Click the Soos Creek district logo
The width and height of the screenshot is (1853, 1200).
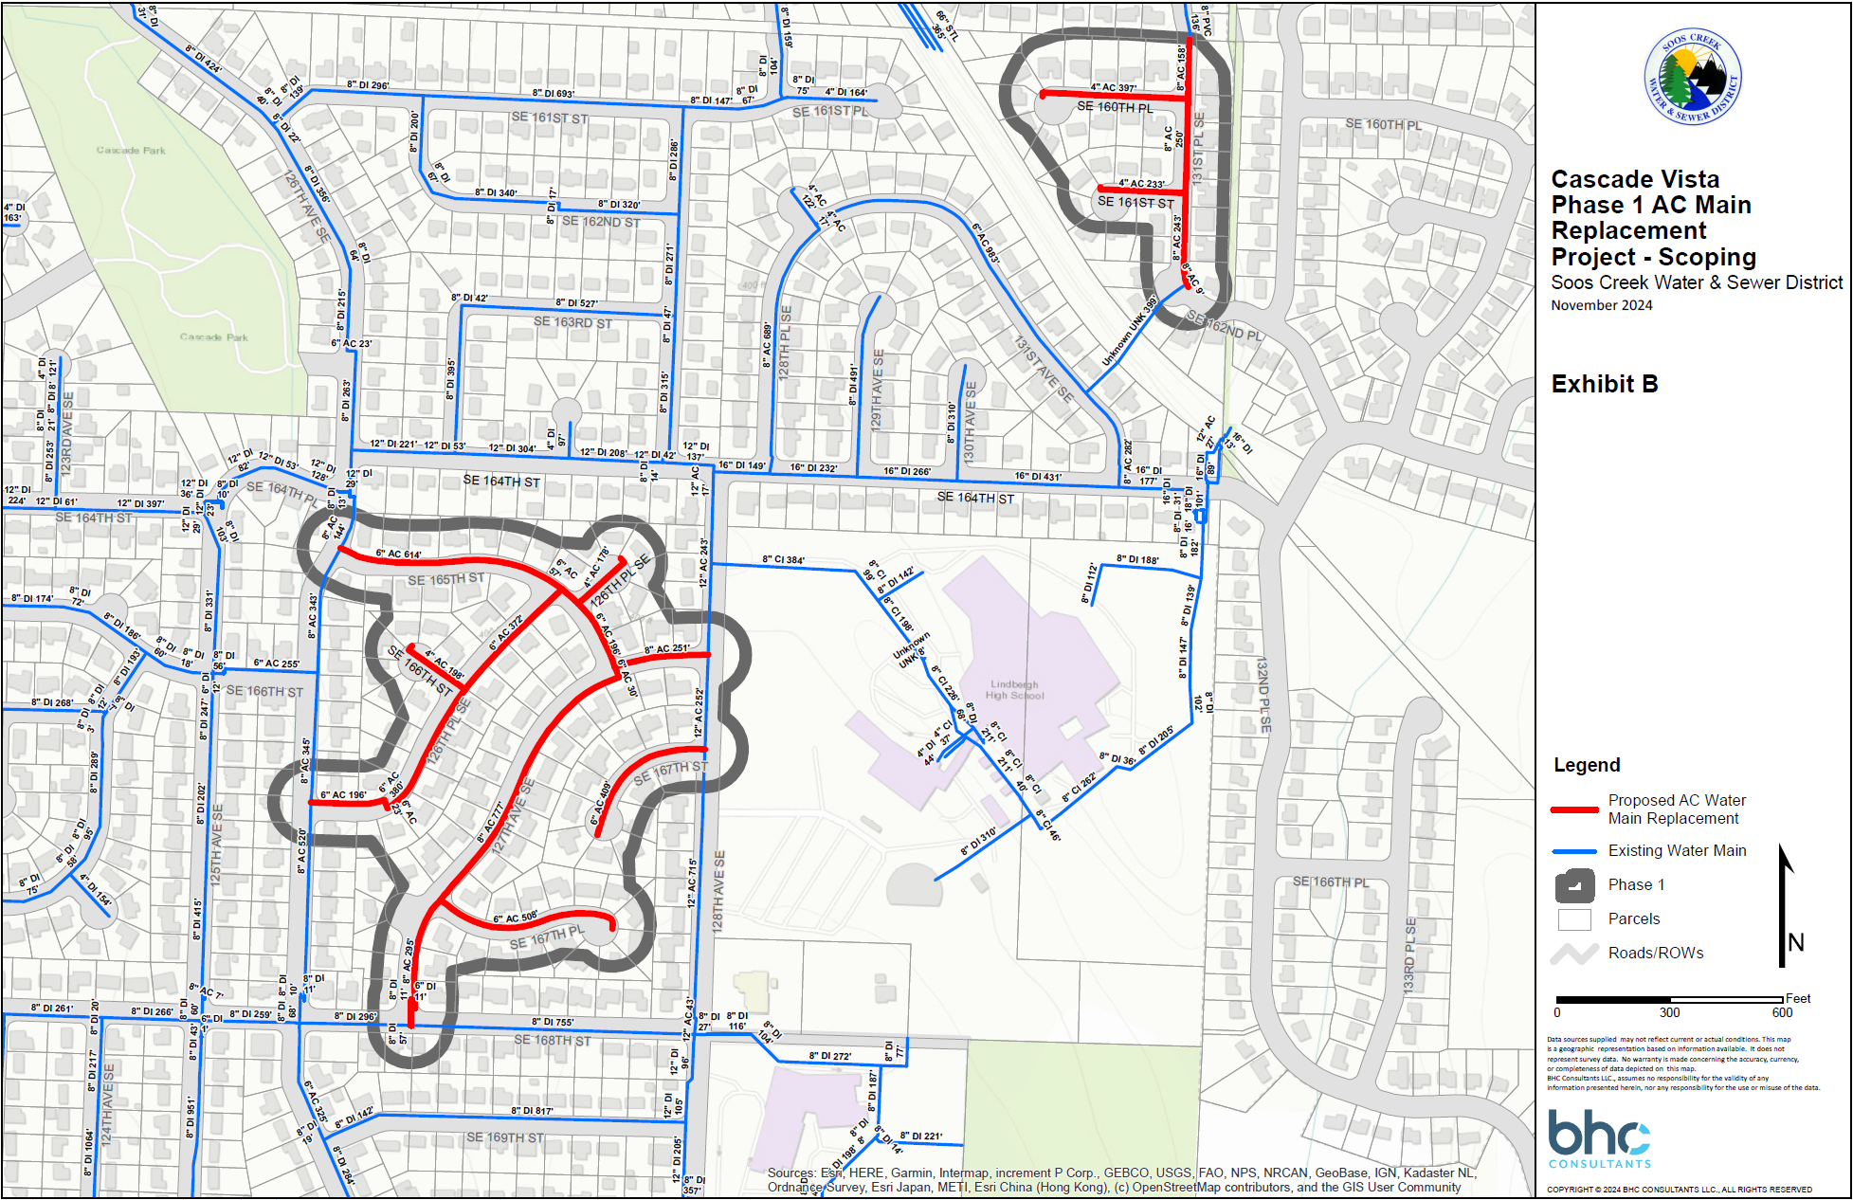click(x=1694, y=77)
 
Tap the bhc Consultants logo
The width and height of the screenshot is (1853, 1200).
click(x=1599, y=1138)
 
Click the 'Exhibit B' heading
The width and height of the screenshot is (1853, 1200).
click(x=1604, y=384)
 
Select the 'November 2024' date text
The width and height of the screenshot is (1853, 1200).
click(x=1601, y=305)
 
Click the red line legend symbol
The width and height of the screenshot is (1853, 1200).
click(x=1574, y=809)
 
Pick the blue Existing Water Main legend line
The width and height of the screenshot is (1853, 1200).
click(x=1574, y=851)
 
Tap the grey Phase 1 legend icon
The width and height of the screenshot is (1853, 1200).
click(x=1574, y=885)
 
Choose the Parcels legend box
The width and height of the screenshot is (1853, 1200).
click(x=1574, y=919)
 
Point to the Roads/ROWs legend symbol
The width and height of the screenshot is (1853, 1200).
click(x=1574, y=954)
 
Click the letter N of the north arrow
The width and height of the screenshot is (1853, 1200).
click(x=1795, y=942)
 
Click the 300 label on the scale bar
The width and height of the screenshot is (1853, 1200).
click(x=1669, y=1013)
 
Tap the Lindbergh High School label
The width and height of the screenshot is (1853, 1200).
click(x=1014, y=690)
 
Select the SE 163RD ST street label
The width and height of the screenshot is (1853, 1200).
click(x=572, y=322)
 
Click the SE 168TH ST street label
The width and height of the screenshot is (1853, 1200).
click(x=552, y=1041)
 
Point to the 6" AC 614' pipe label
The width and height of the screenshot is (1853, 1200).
click(x=398, y=554)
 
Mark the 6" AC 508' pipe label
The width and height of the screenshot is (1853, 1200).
click(x=516, y=918)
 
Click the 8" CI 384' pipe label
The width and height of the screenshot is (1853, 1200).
click(x=783, y=560)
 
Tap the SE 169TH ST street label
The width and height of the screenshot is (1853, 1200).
click(x=505, y=1137)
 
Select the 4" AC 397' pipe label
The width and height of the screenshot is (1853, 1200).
click(x=1113, y=87)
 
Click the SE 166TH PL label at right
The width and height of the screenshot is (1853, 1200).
click(x=1331, y=882)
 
